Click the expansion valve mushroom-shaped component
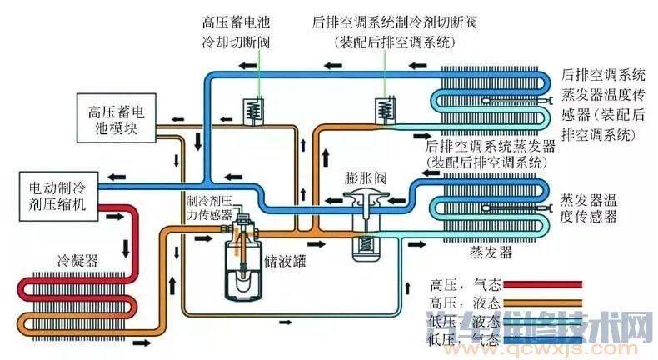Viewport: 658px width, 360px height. pyautogui.click(x=363, y=200)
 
